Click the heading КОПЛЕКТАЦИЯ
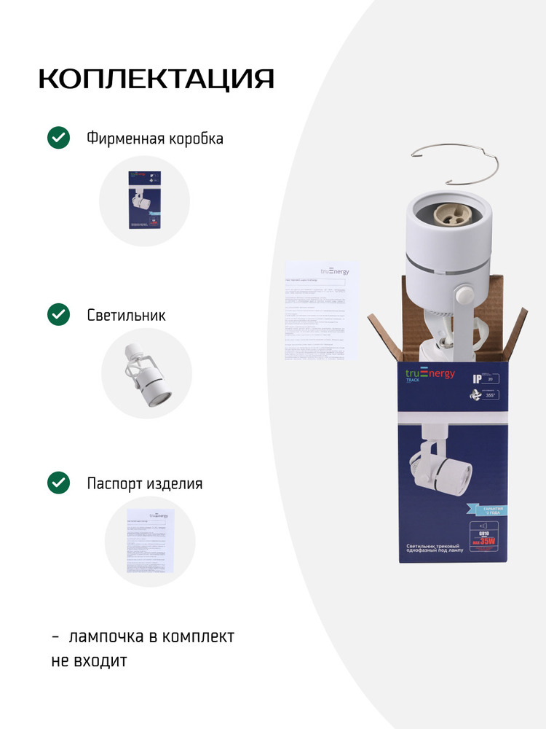[x=156, y=79]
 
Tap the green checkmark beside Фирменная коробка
[x=58, y=138]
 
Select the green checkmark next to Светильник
[x=58, y=315]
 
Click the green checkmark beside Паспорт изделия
[x=58, y=483]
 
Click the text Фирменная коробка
[x=154, y=139]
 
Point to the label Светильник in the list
[x=126, y=316]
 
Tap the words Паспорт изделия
[x=144, y=483]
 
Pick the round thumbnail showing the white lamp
[x=146, y=373]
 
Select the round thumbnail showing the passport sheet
[x=150, y=541]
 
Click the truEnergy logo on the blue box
[x=430, y=375]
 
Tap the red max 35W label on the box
[x=485, y=540]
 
